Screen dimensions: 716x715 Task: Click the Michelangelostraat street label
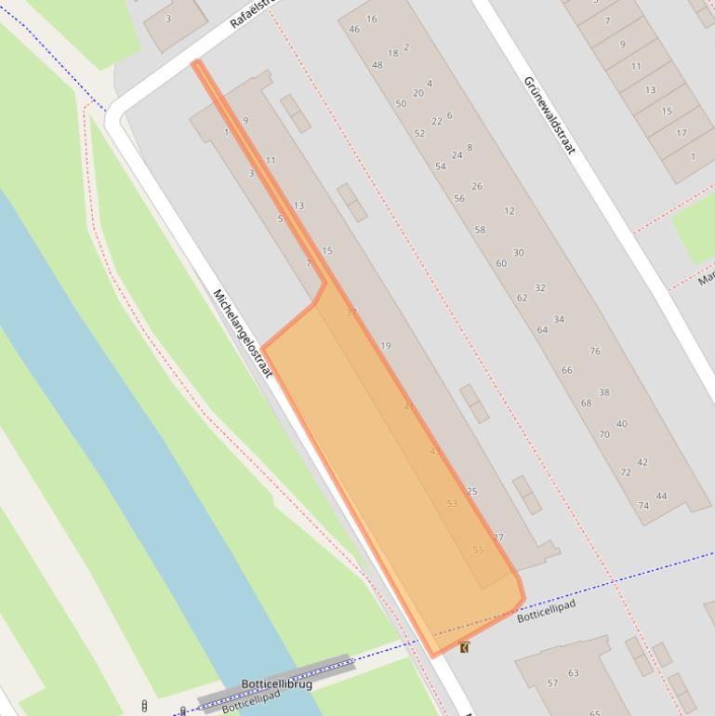click(x=242, y=332)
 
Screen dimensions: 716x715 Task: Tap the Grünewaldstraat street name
click(x=549, y=114)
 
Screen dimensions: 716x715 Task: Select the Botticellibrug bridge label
click(x=276, y=684)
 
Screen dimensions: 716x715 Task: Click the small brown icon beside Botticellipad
click(x=464, y=647)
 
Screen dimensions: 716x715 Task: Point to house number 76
click(x=595, y=351)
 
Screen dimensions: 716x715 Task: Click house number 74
click(x=643, y=506)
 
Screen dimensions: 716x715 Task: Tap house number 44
click(x=661, y=496)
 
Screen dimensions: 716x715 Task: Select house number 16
click(x=372, y=19)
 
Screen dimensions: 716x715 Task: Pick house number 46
click(x=354, y=29)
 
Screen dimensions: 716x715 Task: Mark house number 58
click(x=480, y=230)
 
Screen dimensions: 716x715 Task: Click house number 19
click(x=385, y=346)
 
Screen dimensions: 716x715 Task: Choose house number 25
click(x=472, y=491)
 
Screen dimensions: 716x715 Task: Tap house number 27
click(x=498, y=537)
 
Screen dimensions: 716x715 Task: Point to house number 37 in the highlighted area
click(x=351, y=312)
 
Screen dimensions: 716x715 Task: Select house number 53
click(x=452, y=503)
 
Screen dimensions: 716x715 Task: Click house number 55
click(x=478, y=550)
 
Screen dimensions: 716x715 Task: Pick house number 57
click(x=552, y=683)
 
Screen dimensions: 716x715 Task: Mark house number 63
click(x=574, y=673)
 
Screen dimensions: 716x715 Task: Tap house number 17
click(x=682, y=133)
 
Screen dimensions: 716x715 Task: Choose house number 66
click(x=567, y=370)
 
